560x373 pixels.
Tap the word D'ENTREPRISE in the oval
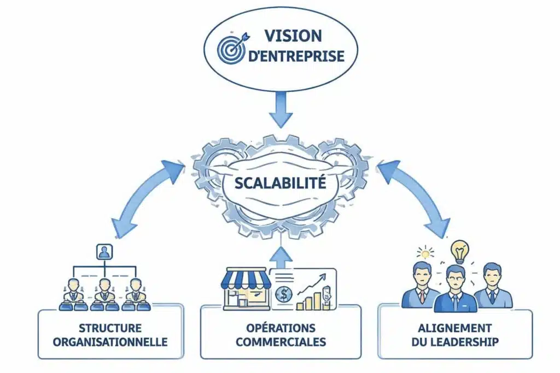click(x=295, y=57)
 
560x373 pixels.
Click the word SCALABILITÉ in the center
click(x=280, y=182)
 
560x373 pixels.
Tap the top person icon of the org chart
click(x=103, y=252)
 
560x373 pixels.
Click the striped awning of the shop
click(x=246, y=279)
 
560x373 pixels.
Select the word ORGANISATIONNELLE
click(x=110, y=342)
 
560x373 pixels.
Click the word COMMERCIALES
click(x=281, y=342)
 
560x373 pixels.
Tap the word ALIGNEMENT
click(x=455, y=328)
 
